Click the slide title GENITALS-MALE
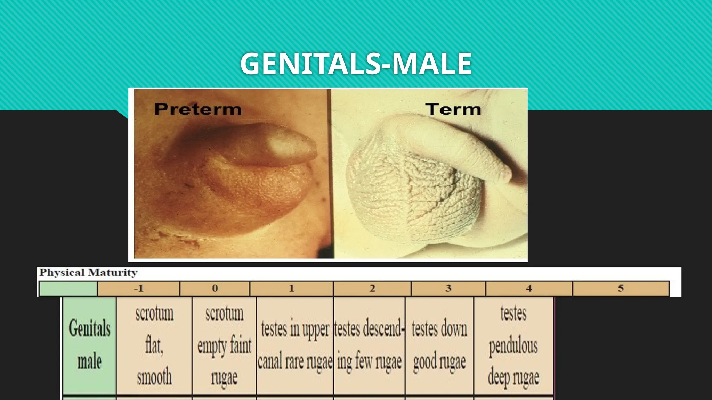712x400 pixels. pos(356,64)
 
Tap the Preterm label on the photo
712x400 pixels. pos(198,109)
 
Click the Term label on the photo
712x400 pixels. pos(453,109)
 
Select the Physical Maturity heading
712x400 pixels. pos(88,273)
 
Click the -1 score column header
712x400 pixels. pos(139,289)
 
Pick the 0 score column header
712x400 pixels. pos(215,289)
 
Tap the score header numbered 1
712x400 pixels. pos(291,289)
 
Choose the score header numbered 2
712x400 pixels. pos(372,289)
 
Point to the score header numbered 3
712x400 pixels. pos(448,289)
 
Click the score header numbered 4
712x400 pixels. pos(529,289)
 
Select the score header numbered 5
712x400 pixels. pos(621,289)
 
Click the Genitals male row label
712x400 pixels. pos(89,345)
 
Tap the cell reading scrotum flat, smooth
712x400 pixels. pos(154,345)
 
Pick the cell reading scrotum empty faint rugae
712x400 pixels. pos(224,345)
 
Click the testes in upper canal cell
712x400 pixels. pos(295,345)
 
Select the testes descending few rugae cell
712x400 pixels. pos(369,345)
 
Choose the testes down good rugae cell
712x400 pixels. pos(439,345)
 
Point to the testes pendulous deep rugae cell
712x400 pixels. pos(513,345)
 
